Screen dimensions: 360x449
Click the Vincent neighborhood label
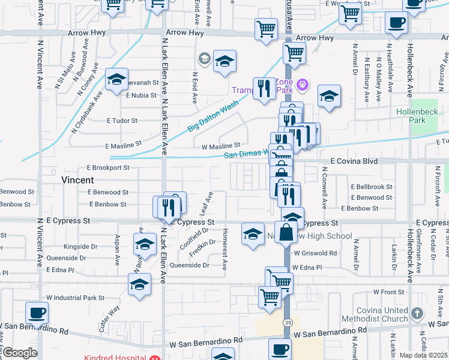77,180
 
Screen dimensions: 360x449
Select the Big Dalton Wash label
213,115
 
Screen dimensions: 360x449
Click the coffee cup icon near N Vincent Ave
37,313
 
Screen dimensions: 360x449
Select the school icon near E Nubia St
116,79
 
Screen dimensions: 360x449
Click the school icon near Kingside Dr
145,245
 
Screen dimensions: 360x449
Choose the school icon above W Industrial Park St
139,284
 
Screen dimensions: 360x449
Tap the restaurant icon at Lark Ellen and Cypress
167,207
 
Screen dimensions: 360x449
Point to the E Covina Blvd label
355,161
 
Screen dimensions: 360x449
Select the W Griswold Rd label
315,253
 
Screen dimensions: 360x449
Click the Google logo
20,353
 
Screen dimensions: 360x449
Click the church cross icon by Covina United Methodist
418,313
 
